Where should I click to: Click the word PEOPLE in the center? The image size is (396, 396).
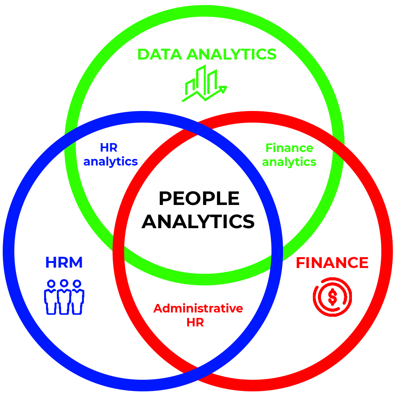click(199, 199)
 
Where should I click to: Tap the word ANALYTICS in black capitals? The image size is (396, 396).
click(198, 222)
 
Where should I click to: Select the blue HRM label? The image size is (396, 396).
click(64, 263)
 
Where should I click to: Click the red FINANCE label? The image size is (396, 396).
click(332, 263)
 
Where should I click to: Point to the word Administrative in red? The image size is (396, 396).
click(198, 309)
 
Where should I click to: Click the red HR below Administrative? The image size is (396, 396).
click(195, 322)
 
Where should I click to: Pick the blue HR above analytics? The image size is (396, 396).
click(109, 147)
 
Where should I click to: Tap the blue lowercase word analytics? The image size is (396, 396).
click(111, 161)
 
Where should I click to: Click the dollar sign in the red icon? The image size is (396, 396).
click(332, 297)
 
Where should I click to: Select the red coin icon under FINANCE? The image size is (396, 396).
click(332, 297)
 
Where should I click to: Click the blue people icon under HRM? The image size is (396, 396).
click(64, 297)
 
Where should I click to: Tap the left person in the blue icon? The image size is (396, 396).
click(51, 297)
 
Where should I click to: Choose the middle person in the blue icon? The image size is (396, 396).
click(64, 297)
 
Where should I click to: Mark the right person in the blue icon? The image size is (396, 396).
click(77, 297)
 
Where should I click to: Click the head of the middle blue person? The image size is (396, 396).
click(64, 283)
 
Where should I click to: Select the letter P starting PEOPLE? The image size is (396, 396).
click(165, 199)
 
